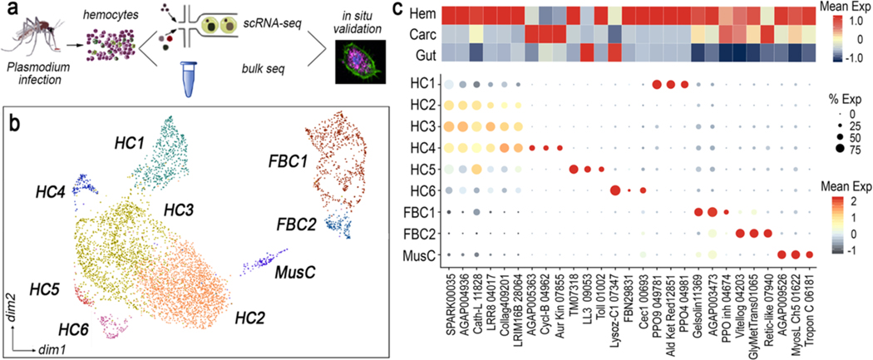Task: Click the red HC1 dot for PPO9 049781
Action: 657,84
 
